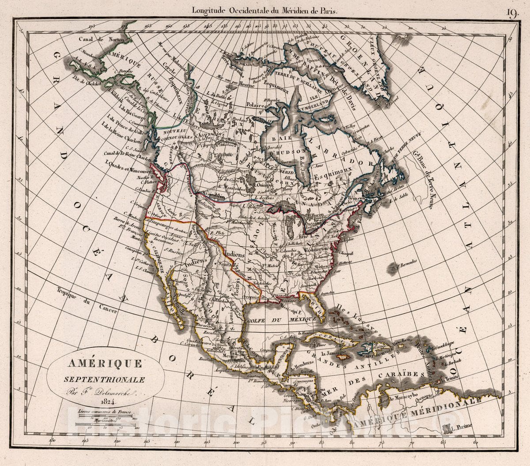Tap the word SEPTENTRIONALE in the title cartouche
(105, 379)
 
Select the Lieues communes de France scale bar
(105, 415)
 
